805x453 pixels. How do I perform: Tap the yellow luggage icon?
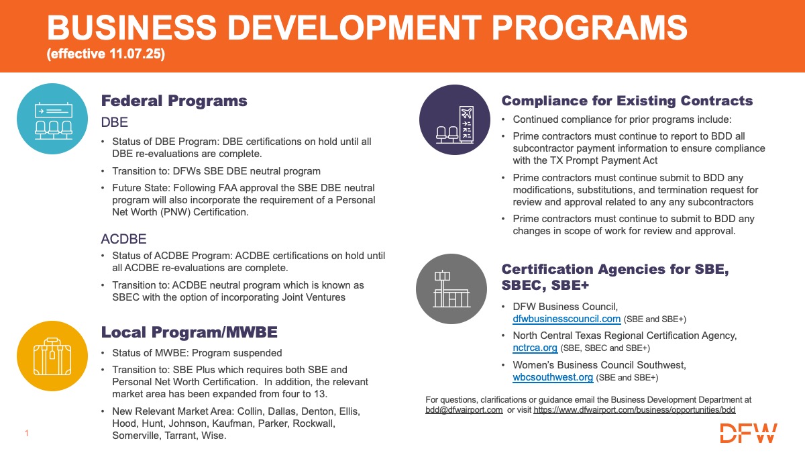(52, 356)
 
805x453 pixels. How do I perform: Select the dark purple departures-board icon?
(454, 120)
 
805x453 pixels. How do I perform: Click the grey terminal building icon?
(451, 288)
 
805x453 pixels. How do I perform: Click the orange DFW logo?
(749, 433)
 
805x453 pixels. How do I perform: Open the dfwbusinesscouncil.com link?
(566, 319)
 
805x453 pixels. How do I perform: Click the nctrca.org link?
(535, 348)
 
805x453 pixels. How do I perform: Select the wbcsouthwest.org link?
(553, 377)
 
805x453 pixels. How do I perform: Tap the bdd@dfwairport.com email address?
(464, 409)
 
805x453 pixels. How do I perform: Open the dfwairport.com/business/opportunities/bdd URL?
(635, 409)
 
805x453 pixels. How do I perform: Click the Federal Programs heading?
(174, 101)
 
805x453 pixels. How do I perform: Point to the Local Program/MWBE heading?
(189, 332)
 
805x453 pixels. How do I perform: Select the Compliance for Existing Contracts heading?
(627, 101)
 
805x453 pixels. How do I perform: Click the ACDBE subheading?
(123, 240)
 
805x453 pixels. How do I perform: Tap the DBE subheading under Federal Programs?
(114, 123)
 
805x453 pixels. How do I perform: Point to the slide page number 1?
(26, 434)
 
